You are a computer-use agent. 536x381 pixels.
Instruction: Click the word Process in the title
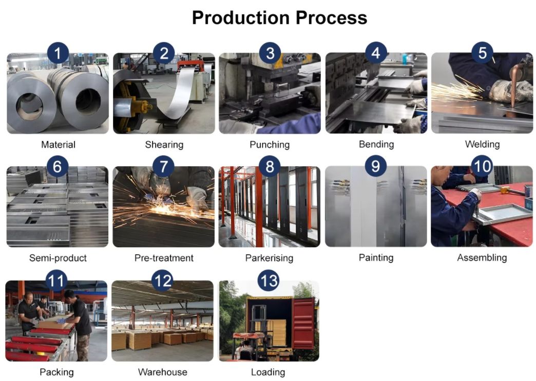point(331,18)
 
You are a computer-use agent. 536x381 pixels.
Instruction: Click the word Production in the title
point(241,18)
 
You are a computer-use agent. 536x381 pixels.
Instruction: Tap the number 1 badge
point(58,53)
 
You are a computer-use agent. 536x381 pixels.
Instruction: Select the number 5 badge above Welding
point(482,53)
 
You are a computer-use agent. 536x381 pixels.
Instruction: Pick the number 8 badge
point(270,167)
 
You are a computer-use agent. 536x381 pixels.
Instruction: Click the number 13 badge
point(269,280)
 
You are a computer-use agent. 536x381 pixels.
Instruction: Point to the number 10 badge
point(482,166)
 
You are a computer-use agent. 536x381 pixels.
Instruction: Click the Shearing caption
point(164,145)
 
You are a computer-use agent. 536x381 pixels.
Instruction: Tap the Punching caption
point(270,145)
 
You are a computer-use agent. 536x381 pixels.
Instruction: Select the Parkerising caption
point(270,258)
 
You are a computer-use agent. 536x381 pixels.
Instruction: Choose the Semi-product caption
point(58,258)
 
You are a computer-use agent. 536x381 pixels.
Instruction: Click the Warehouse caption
point(163,372)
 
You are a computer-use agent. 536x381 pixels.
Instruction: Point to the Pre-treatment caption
point(164,258)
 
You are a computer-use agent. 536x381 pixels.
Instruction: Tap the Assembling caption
point(482,258)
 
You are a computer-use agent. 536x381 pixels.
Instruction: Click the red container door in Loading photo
point(303,323)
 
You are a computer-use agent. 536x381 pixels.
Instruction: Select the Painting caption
point(376,258)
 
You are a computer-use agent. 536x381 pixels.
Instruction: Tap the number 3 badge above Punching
point(270,53)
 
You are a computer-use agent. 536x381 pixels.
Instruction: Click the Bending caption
point(376,145)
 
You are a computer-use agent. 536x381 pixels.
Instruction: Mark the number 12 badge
point(163,280)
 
